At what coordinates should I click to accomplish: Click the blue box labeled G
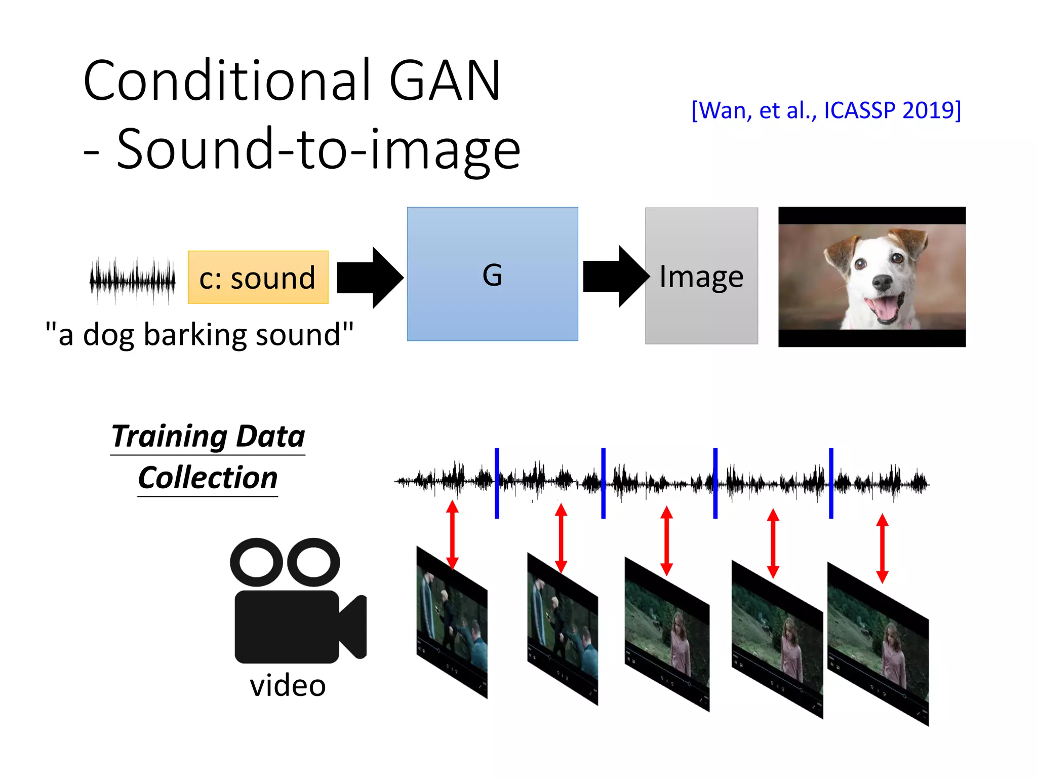tap(492, 274)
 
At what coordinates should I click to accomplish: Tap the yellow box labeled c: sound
tap(258, 278)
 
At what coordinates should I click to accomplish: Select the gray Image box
tap(701, 276)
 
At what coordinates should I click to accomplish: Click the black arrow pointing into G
tap(370, 278)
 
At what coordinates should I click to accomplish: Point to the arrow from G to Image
tap(616, 277)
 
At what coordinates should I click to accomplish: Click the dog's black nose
tap(882, 282)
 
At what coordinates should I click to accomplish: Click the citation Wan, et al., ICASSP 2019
tap(826, 110)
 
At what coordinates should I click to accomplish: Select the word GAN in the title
tap(445, 81)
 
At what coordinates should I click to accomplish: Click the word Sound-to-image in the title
tap(318, 149)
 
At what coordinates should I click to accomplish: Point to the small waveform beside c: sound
tap(133, 280)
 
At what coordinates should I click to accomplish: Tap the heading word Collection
tap(208, 478)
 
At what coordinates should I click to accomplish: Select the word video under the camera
tap(288, 686)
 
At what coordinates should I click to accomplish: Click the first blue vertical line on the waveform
tap(497, 483)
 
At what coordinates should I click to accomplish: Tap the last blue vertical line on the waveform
tap(831, 483)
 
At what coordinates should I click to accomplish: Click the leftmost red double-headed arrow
tap(452, 534)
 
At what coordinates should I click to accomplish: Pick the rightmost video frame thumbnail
tap(878, 644)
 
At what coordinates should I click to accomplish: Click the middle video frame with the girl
tap(667, 635)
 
